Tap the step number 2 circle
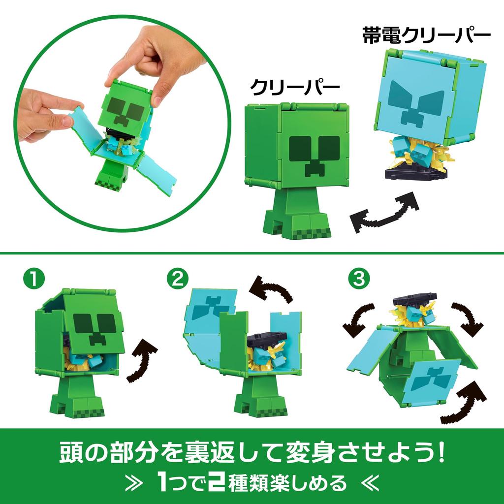point(177,279)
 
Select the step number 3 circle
point(358,279)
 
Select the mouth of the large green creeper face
point(314,167)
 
